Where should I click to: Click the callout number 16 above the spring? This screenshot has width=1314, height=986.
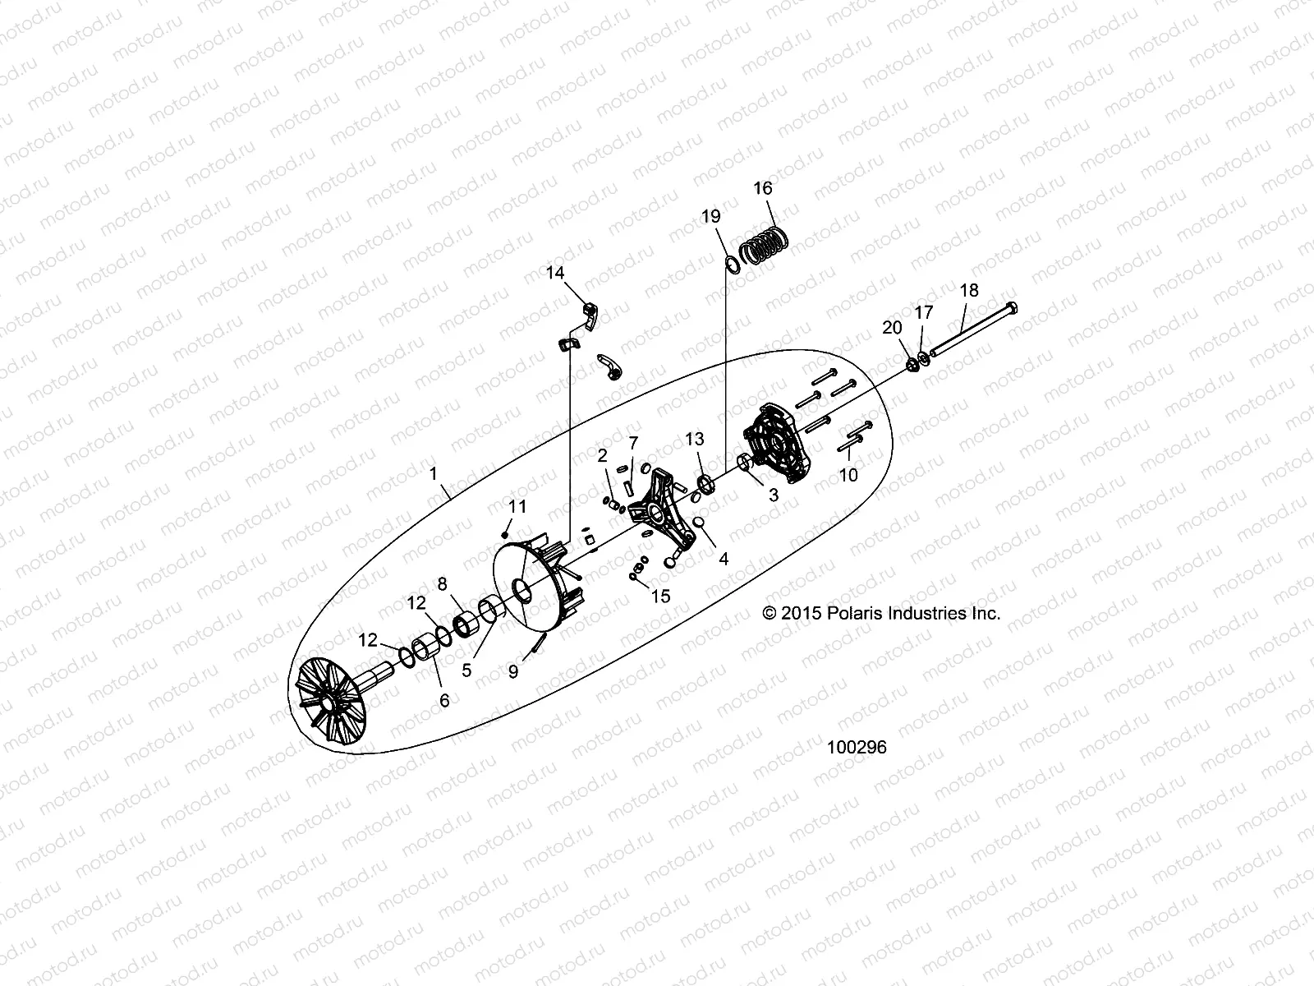pos(763,188)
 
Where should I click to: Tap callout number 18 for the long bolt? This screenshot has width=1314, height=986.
pos(969,290)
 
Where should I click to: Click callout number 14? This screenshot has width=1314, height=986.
pos(556,272)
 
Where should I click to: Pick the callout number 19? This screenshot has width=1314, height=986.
pos(711,216)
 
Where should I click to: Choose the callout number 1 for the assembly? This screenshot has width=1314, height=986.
pos(434,474)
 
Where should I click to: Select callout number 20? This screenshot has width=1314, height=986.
pos(892,327)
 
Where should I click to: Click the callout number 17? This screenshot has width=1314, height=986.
pos(924,312)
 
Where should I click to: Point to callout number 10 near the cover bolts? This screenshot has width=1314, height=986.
pos(848,475)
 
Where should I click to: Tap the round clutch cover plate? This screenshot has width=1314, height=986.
pos(776,444)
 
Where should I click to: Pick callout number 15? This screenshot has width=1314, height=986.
pos(661,596)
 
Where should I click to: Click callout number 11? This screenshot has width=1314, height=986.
pos(517,507)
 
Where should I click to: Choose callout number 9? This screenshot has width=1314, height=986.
pos(513,671)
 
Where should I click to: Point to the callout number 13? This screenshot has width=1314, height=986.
pos(695,440)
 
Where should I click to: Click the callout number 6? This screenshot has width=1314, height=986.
pos(444,700)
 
